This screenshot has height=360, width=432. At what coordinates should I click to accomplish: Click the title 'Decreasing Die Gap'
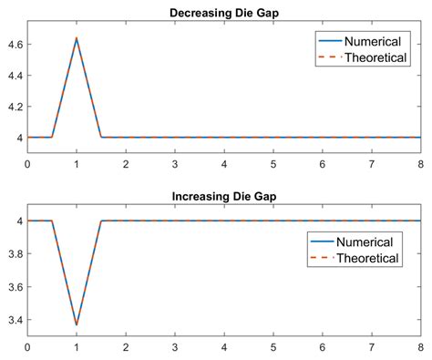pyautogui.click(x=223, y=12)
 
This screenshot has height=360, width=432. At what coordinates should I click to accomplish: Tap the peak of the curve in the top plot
pyautogui.click(x=77, y=38)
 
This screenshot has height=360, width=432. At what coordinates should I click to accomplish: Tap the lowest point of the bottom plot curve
pyautogui.click(x=77, y=324)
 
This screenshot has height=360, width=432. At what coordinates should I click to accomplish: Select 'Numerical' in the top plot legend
pyautogui.click(x=374, y=41)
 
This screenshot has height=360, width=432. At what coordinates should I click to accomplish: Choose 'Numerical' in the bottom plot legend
pyautogui.click(x=365, y=242)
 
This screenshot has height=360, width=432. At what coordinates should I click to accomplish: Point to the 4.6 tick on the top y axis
pyautogui.click(x=15, y=44)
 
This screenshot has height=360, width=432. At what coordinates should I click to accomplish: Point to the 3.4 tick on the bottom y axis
pyautogui.click(x=15, y=320)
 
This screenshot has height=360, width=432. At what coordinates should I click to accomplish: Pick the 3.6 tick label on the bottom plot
pyautogui.click(x=15, y=287)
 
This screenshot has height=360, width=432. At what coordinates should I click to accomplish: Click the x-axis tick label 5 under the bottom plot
pyautogui.click(x=273, y=348)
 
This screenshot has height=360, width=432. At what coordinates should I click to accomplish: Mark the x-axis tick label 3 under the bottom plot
pyautogui.click(x=175, y=348)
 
